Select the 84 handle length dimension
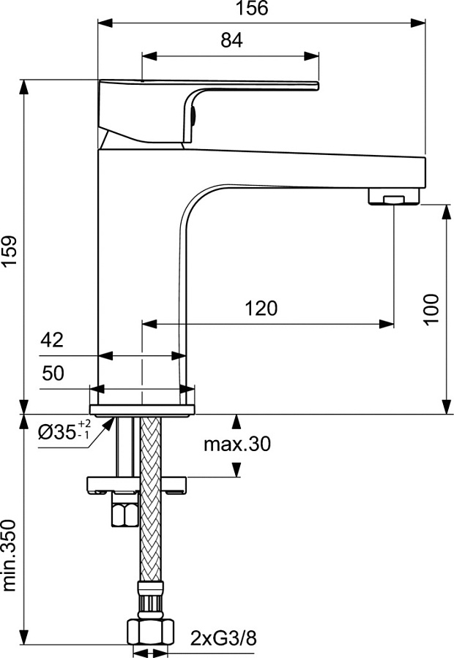(x=231, y=41)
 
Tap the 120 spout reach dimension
(x=261, y=308)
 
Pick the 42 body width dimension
(x=52, y=340)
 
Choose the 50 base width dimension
(x=52, y=374)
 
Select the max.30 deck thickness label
(x=237, y=444)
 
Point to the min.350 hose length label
(x=9, y=556)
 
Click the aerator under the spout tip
(x=395, y=197)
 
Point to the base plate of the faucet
(x=142, y=409)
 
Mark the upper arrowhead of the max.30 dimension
(x=236, y=420)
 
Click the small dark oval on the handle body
(x=193, y=115)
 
